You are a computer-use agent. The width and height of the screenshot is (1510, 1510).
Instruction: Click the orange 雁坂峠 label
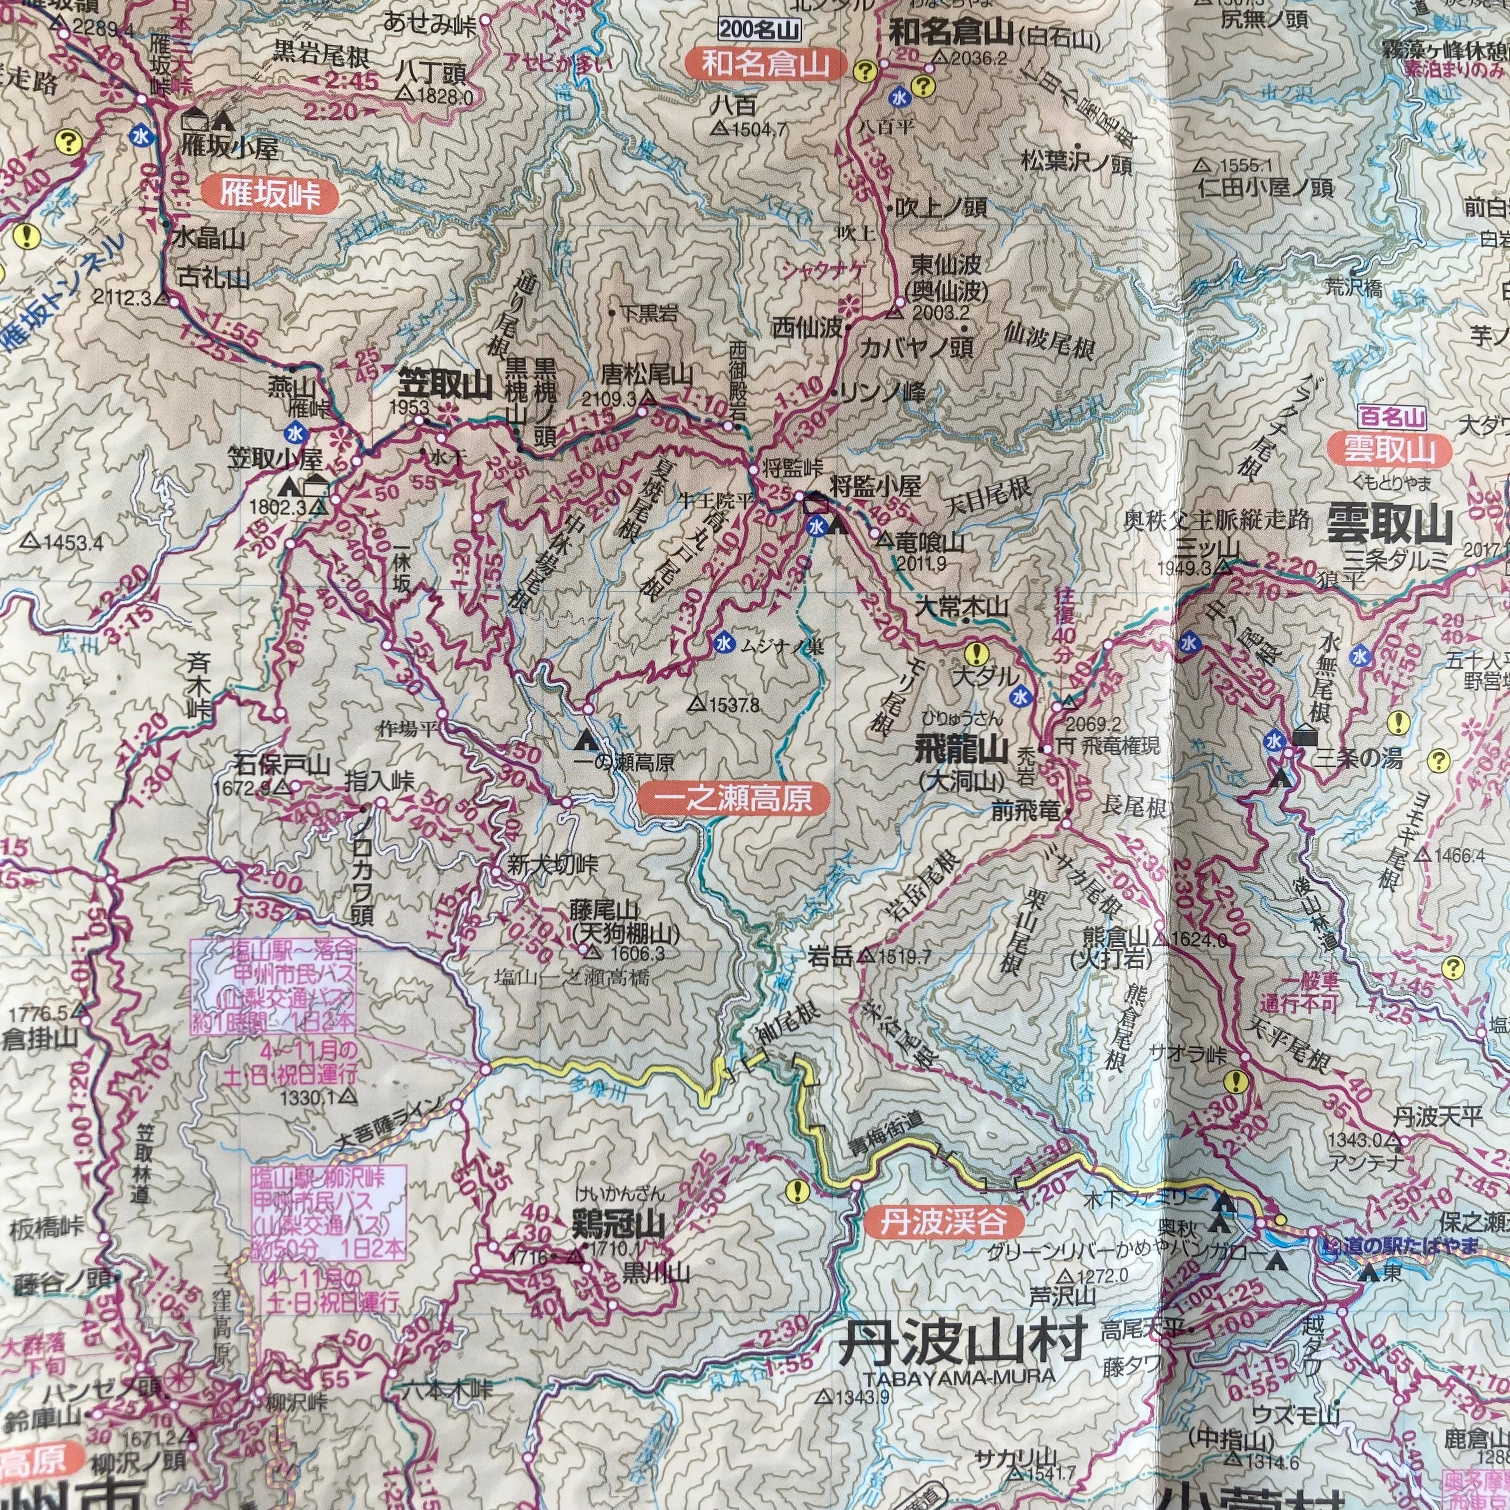click(270, 195)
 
